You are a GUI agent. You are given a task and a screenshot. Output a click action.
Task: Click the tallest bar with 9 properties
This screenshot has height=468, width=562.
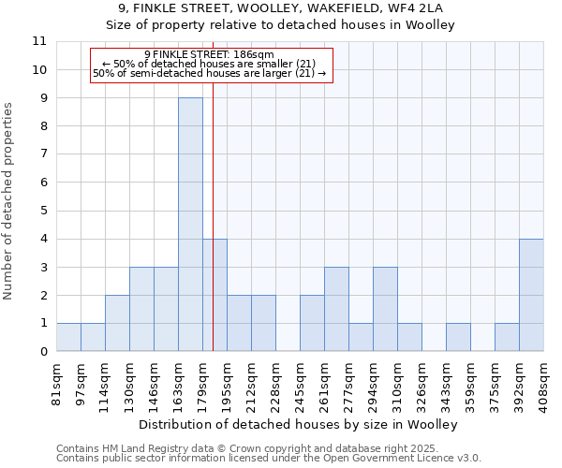190,225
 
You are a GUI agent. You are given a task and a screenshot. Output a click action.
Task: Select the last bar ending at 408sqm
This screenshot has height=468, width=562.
531,295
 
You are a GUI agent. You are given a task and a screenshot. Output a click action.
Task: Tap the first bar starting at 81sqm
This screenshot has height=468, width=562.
68,337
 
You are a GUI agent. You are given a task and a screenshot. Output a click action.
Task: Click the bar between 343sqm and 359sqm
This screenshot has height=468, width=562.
458,337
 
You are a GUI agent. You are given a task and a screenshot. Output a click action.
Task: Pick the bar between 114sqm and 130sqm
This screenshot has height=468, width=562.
117,323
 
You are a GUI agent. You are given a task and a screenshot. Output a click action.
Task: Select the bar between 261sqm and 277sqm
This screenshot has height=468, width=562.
336,309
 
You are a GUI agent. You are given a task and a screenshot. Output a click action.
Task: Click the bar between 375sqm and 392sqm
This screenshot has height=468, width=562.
507,337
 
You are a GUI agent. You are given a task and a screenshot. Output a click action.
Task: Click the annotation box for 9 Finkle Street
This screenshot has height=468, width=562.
212,65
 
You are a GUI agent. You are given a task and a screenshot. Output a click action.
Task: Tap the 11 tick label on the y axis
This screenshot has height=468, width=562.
39,41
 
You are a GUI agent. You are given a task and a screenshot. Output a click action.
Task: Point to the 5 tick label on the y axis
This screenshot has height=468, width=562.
43,211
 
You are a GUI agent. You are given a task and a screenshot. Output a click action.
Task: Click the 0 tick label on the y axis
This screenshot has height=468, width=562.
43,352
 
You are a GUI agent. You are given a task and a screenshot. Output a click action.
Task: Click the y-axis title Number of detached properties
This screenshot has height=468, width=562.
8,201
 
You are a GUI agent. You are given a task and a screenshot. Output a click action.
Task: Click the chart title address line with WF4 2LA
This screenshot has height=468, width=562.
280,8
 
